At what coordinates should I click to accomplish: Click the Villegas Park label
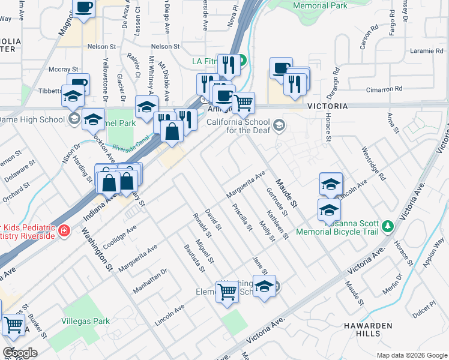pyautogui.click(x=85, y=321)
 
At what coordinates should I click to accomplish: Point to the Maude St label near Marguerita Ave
pyautogui.click(x=287, y=192)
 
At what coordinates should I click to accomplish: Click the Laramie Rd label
pyautogui.click(x=427, y=51)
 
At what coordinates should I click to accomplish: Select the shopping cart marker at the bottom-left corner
pyautogui.click(x=13, y=325)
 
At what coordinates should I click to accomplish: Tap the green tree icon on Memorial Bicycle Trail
pyautogui.click(x=388, y=226)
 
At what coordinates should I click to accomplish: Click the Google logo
pyautogui.click(x=19, y=353)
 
